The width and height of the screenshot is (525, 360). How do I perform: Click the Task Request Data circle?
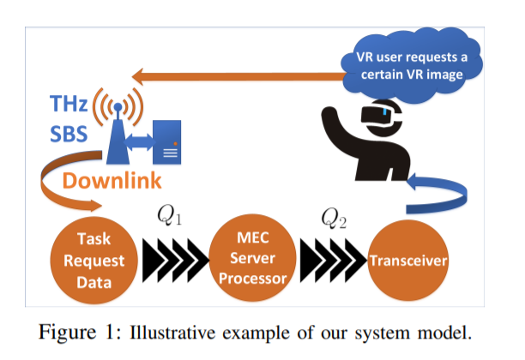point(94,261)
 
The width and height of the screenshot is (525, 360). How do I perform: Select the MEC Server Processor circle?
point(252,258)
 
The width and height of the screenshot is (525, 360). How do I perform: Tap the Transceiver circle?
point(407,261)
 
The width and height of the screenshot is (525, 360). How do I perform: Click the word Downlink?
point(112,181)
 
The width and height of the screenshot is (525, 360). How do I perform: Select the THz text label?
point(69,104)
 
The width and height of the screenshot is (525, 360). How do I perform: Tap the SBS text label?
point(69,134)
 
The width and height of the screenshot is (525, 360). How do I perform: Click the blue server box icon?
point(166,142)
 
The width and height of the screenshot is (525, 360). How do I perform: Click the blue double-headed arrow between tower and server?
point(139,142)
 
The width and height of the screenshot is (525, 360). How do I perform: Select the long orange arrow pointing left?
point(239,76)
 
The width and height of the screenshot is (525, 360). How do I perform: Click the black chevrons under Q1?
point(175,261)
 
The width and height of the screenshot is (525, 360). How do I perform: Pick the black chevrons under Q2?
point(333,261)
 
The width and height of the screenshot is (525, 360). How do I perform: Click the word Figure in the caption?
point(67,333)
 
